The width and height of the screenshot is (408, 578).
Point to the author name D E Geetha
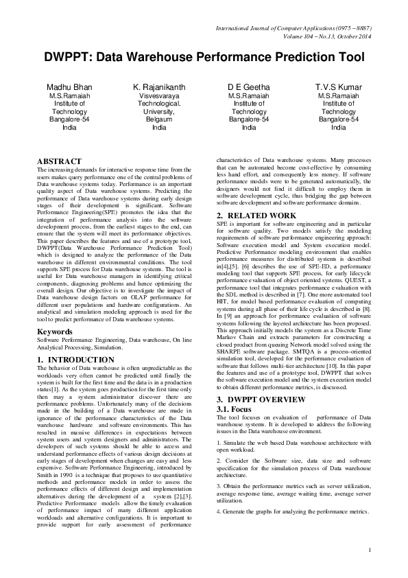click(x=249, y=87)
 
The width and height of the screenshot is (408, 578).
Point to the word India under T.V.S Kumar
click(x=339, y=127)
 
